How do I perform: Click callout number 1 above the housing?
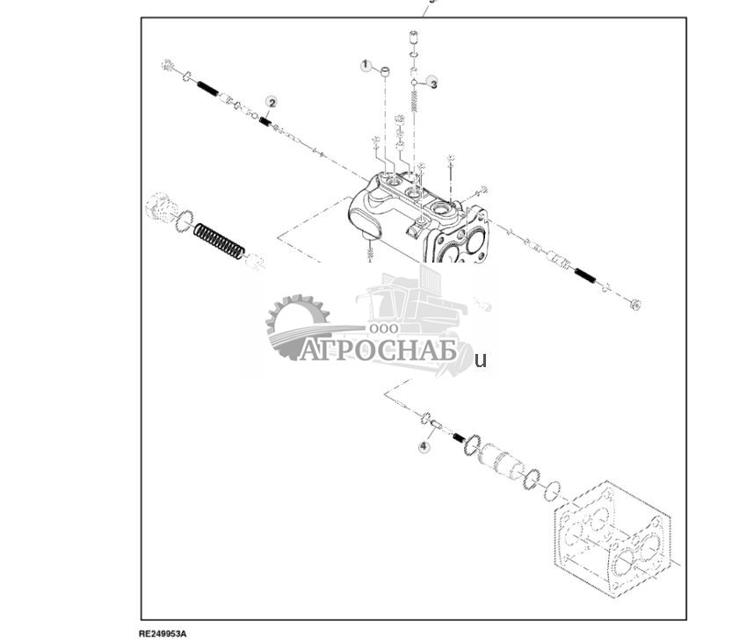point(366,66)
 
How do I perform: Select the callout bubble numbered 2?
point(272,103)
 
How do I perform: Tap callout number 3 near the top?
point(432,83)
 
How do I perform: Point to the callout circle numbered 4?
point(424,447)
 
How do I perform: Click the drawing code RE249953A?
point(163,632)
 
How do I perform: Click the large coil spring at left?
point(219,241)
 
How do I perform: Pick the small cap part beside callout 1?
point(385,70)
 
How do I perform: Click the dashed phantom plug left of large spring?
point(162,208)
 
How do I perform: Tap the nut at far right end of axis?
point(636,304)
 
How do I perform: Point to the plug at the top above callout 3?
point(414,38)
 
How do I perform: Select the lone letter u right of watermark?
point(480,359)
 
